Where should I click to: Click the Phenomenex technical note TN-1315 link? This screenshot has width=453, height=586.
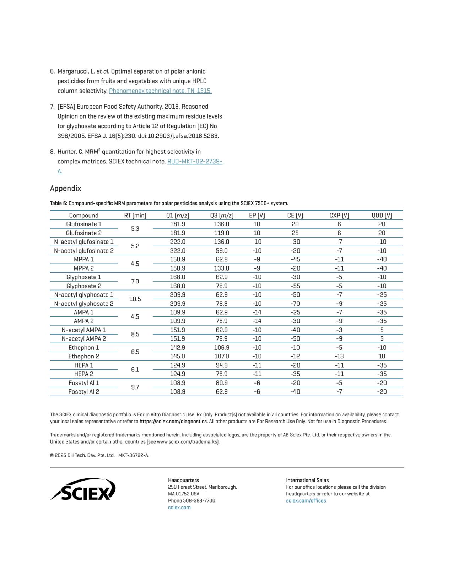[x=160, y=91]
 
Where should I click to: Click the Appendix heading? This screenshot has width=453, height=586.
[x=65, y=188]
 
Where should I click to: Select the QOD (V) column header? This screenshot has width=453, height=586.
[x=382, y=216]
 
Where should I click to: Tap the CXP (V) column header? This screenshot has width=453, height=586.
[x=339, y=216]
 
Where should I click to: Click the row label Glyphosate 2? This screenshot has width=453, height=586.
[x=84, y=286]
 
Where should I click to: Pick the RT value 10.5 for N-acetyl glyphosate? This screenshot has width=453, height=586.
[x=135, y=299]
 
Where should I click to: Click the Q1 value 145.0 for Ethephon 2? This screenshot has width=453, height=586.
[x=177, y=356]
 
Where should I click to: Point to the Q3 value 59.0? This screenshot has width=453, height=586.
[x=221, y=251]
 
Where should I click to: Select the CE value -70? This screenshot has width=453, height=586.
[x=295, y=304]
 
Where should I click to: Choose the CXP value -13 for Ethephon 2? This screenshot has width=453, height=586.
[x=339, y=356]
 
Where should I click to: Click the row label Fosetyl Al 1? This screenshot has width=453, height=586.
[x=84, y=383]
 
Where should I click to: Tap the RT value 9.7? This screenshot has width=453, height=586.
[x=135, y=387]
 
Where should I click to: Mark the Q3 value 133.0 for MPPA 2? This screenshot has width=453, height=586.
[x=221, y=268]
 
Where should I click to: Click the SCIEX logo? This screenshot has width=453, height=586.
[x=83, y=489]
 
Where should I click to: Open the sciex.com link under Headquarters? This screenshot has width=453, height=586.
[x=179, y=508]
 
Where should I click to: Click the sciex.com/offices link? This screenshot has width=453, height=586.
[x=306, y=501]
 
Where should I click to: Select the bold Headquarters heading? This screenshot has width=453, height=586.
[x=183, y=480]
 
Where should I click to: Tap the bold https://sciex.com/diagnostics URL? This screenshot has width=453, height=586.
[x=173, y=422]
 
